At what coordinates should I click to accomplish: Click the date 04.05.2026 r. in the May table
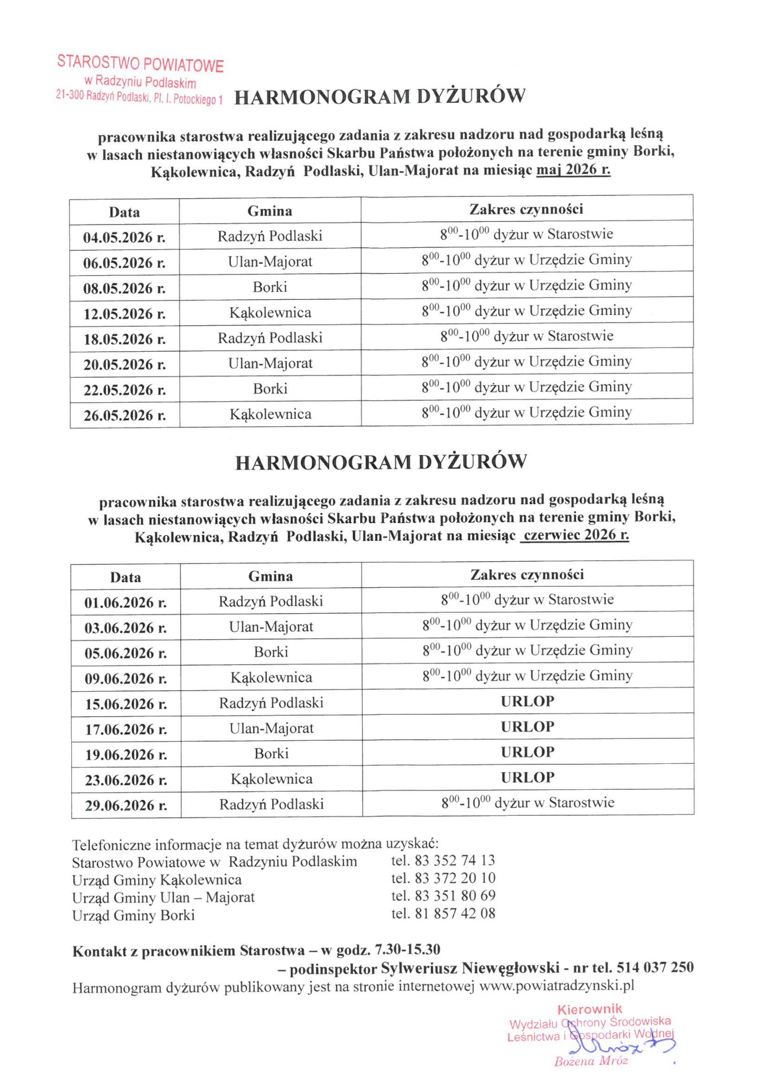[124, 237]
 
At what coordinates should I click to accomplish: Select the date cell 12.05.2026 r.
[124, 313]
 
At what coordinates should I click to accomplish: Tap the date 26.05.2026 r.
[124, 416]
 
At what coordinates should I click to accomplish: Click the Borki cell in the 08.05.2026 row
[270, 287]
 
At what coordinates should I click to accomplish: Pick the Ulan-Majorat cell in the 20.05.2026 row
[270, 364]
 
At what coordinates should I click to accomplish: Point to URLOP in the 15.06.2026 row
[528, 701]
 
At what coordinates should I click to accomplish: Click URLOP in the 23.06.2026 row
[528, 777]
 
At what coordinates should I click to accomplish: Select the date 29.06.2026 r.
[126, 806]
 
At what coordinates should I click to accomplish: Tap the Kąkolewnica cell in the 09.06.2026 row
[271, 677]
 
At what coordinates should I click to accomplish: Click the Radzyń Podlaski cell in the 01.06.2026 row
[271, 601]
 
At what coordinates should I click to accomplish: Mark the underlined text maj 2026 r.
[573, 169]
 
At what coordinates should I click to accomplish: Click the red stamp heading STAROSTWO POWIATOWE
[141, 63]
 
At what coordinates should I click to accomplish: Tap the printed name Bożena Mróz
[591, 1061]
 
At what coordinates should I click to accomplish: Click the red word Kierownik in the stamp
[590, 1009]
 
